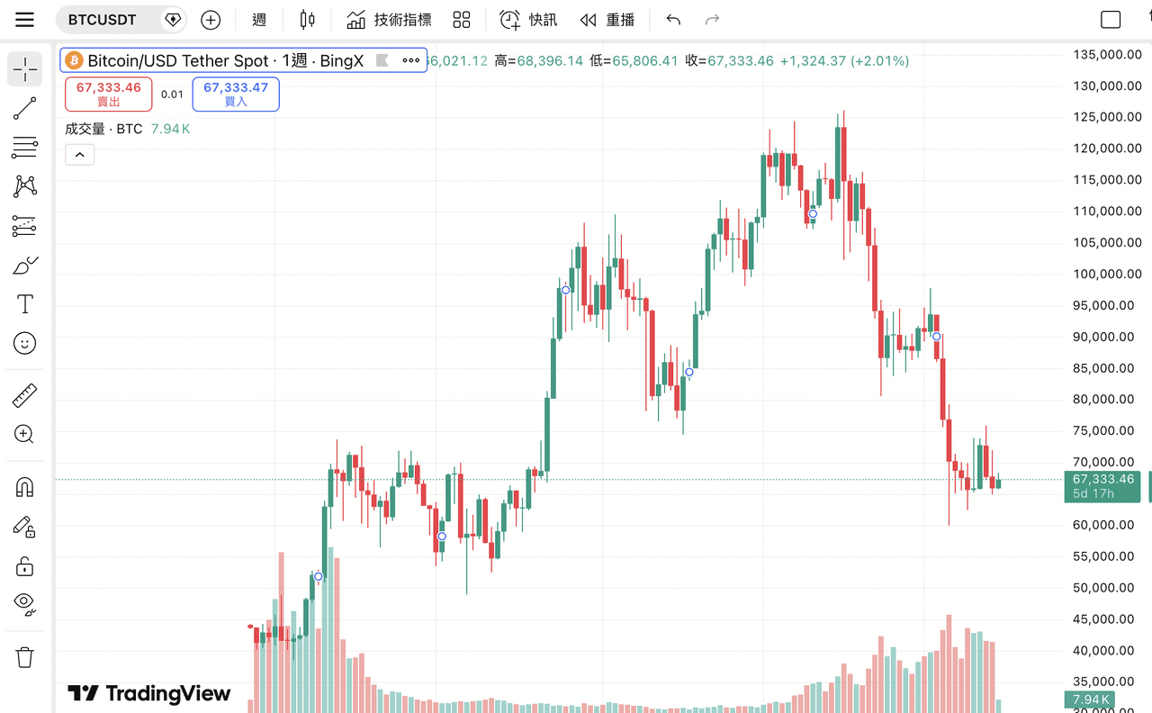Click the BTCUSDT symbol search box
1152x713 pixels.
coord(103,20)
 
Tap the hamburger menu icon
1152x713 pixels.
coord(24,20)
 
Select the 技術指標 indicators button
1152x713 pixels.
coord(389,20)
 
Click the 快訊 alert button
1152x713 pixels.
coord(528,20)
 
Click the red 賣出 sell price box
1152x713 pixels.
coord(109,94)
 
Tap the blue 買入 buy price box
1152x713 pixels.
coord(236,94)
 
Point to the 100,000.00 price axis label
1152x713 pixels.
coord(1103,274)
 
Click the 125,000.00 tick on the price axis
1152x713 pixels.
coord(1103,117)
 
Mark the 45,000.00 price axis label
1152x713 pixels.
coord(1103,619)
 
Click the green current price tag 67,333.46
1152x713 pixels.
coord(1103,486)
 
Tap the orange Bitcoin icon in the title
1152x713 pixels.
coord(75,60)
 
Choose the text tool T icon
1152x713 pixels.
coord(24,304)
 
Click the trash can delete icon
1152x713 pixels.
coord(24,657)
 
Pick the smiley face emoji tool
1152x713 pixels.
coord(24,343)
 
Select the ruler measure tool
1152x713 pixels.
coord(24,395)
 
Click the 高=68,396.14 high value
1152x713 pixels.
coord(538,61)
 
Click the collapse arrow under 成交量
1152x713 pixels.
coord(79,155)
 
